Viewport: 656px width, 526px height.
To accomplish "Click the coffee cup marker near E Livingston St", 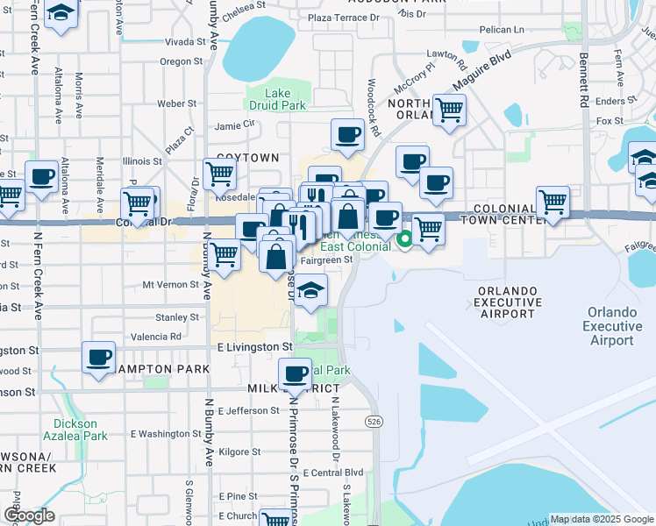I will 99,357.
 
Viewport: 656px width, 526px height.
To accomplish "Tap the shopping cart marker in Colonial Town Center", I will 553,202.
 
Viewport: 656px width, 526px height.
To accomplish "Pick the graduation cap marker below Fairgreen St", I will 310,290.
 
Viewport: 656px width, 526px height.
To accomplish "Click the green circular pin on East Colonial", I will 404,238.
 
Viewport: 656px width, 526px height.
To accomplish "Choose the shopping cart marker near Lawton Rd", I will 449,110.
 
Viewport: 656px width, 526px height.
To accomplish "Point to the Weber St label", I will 176,103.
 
